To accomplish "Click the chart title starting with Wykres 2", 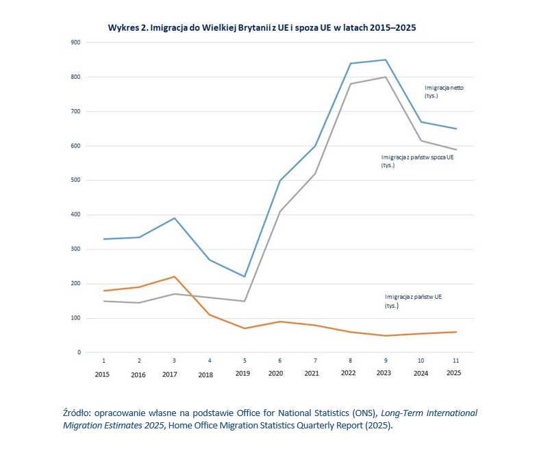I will [x=262, y=28].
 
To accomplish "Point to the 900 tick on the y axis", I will [x=75, y=42].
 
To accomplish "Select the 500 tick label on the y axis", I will [x=75, y=180].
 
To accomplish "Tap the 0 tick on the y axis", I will [x=79, y=352].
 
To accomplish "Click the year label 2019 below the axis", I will [x=243, y=374].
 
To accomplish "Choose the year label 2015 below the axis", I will [x=102, y=374].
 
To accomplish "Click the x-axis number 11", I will [x=456, y=360].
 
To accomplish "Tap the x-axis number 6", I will [x=279, y=360].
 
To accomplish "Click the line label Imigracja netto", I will [x=444, y=88].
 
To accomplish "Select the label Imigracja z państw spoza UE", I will [x=418, y=157].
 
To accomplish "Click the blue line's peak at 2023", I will [x=386, y=60].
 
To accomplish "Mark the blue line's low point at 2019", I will [x=244, y=276].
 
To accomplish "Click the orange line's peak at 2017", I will [x=174, y=276].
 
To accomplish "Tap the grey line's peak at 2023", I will [x=386, y=77].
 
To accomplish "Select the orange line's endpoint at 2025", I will [x=456, y=332].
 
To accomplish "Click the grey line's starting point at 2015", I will [x=103, y=301].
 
